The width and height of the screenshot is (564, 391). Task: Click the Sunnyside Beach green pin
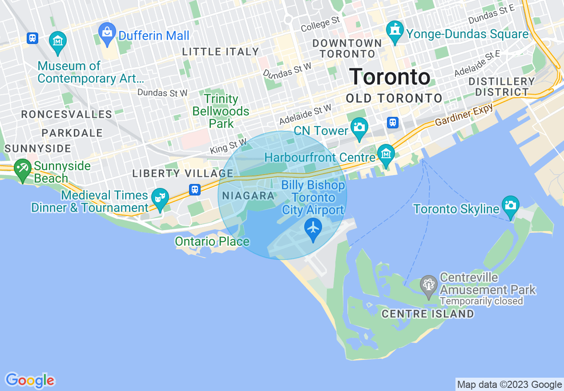tap(21, 169)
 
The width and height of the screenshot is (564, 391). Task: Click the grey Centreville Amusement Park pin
tap(429, 285)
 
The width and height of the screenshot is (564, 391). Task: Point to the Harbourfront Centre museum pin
tap(386, 154)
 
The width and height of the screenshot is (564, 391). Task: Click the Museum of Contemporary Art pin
tap(57, 41)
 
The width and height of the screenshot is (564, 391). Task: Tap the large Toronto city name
tap(390, 77)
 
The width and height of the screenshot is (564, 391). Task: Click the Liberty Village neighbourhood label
tap(183, 174)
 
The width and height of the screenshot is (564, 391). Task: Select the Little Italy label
tap(221, 52)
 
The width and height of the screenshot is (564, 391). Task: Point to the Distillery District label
tap(502, 87)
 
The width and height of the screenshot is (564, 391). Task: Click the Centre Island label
tap(428, 314)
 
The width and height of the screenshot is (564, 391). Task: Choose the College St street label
tap(320, 24)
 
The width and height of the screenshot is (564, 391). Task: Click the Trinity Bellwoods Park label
tap(221, 111)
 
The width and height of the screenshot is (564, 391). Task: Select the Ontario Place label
tap(212, 242)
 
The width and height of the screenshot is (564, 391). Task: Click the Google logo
tap(30, 381)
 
